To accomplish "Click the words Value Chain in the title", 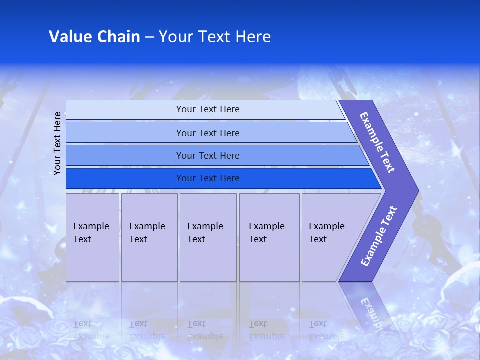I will click(94, 37).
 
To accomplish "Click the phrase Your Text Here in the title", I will click(215, 37).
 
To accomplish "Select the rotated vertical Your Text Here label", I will click(58, 143).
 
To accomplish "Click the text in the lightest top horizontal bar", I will click(208, 109).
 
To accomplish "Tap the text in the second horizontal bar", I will click(208, 133).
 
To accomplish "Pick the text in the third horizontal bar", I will click(208, 156).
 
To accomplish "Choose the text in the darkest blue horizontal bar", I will click(208, 178).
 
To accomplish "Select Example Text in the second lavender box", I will click(147, 233).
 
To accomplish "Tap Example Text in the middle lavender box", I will click(205, 233).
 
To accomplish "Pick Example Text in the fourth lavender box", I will click(266, 233).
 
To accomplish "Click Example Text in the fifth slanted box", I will click(326, 233).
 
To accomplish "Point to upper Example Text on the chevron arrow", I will click(377, 142).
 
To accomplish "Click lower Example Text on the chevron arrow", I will click(379, 236).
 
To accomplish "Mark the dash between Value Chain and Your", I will click(149, 37).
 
